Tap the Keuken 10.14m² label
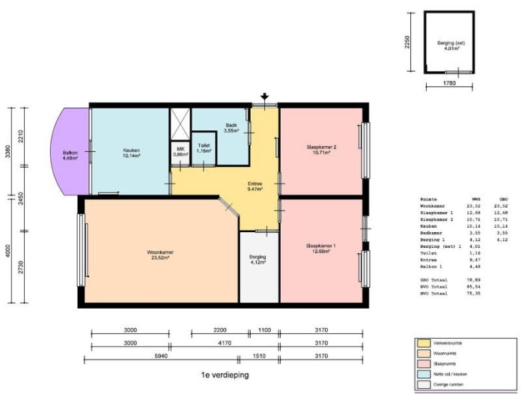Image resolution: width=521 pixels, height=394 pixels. (x=132, y=154)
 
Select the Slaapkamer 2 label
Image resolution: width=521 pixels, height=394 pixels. (x=321, y=149)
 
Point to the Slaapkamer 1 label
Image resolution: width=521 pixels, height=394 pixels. (x=320, y=248)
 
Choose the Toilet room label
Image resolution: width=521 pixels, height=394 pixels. (x=203, y=148)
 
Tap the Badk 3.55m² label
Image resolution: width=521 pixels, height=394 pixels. (x=231, y=128)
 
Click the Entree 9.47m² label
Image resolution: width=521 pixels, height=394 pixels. (x=255, y=186)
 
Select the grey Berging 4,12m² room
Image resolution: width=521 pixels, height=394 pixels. (x=258, y=266)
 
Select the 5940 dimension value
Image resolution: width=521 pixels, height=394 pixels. (x=130, y=358)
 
